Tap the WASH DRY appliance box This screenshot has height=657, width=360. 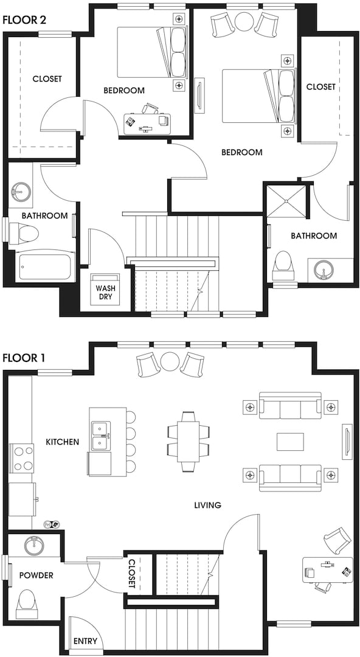tap(106, 289)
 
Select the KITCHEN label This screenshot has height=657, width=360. tap(63, 442)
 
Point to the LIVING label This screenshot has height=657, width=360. tap(207, 505)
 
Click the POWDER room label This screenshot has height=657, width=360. tap(36, 575)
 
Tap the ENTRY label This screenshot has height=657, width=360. tap(86, 641)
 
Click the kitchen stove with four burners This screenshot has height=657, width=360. tap(24, 458)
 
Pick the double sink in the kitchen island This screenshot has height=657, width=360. tap(101, 436)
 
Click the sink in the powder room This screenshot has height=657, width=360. tap(35, 544)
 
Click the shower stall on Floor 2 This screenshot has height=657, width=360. tap(286, 201)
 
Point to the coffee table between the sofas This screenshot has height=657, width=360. tap(291, 442)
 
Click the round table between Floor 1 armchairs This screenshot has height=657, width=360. tap(171, 362)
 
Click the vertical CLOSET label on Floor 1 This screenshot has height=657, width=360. tap(132, 574)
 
